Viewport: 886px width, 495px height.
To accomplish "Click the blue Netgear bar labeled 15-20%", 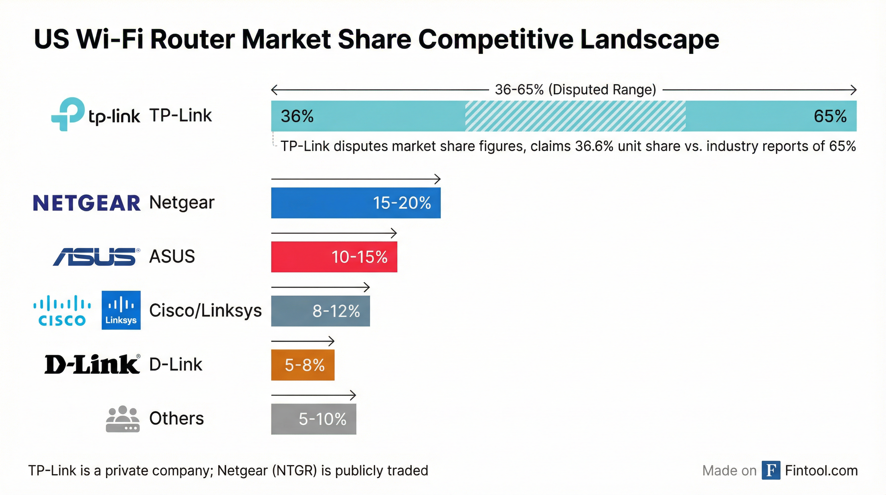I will pos(355,203).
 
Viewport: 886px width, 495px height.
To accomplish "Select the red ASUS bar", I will pos(334,257).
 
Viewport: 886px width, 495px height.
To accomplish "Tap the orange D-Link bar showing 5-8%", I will pos(302,365).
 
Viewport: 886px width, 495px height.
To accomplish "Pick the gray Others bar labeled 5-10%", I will pos(313,419).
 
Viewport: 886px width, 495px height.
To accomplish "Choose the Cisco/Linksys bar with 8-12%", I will pos(320,311).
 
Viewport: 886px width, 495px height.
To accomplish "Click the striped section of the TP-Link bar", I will pos(575,116).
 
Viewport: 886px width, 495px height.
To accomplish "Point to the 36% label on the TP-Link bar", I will pos(297,116).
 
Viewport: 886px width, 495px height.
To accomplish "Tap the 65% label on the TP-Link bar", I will pos(830,116).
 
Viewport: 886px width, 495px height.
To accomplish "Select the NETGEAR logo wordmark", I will pos(86,203).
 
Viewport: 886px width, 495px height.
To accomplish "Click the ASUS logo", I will pos(96,257).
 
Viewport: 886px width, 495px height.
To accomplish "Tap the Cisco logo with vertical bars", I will pos(62,310).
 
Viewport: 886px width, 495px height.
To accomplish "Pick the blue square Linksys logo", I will pos(121,310).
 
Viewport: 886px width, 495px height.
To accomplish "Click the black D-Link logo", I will pos(92,364).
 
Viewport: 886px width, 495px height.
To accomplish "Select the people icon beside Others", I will pos(122,419).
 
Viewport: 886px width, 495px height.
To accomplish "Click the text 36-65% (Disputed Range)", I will pos(575,90).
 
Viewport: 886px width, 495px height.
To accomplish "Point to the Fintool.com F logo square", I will pos(771,470).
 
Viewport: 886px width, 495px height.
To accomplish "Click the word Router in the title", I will pos(193,39).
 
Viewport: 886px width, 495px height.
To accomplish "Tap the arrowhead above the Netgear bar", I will pos(438,179).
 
